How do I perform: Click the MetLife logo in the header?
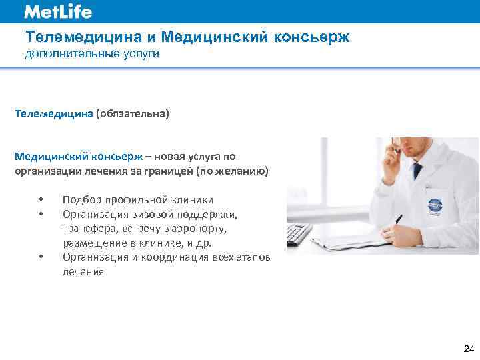tap(58, 12)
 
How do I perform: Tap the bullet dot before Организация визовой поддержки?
tap(41, 215)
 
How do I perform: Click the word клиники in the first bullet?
tap(193, 200)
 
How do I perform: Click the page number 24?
tap(468, 349)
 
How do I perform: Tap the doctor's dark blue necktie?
tap(418, 169)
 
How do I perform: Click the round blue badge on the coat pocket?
tap(438, 200)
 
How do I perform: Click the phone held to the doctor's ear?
tap(396, 147)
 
